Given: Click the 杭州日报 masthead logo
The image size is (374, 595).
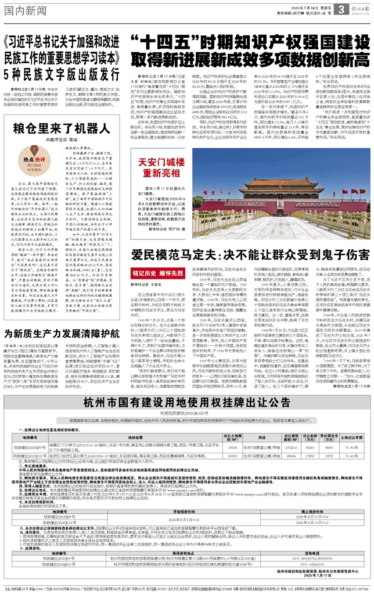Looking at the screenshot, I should click(361, 7).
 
